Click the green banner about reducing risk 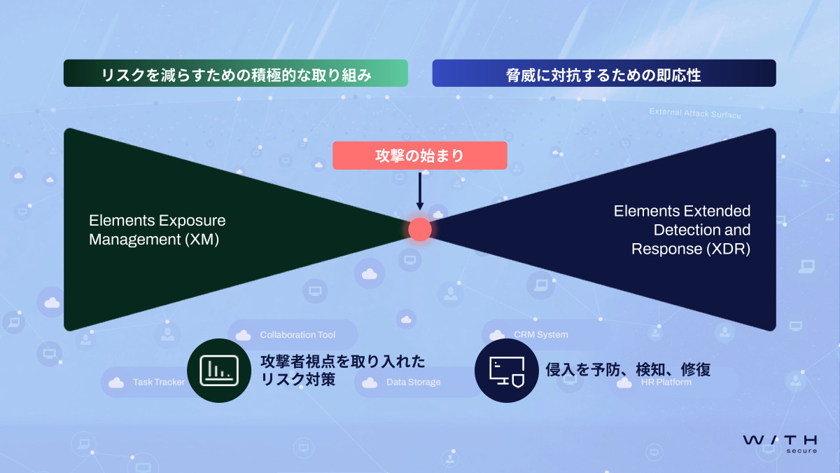point(235,73)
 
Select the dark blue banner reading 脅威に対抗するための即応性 point(603,73)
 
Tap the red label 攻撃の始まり point(419,156)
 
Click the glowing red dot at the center point(420,229)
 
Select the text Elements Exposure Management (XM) point(157,230)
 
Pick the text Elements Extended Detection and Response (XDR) point(682,230)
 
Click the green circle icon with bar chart point(220,370)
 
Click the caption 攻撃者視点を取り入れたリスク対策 point(342,370)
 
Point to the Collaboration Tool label point(297,335)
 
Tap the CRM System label point(540,335)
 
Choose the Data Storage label point(413,383)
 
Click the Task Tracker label point(159,383)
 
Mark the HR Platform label point(666,383)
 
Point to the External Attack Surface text point(694,113)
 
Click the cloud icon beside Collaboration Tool point(243,335)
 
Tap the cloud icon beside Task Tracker point(116,383)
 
